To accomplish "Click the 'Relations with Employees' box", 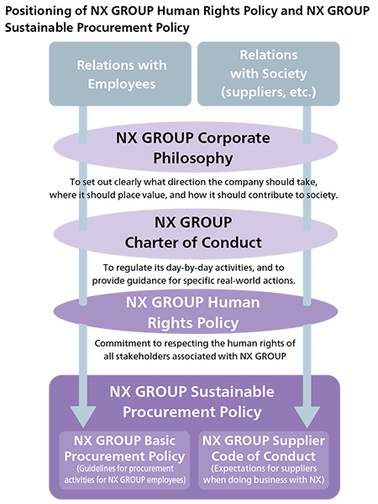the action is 120,73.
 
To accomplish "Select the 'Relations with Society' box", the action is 269,73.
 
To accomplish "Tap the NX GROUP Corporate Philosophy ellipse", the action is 196,147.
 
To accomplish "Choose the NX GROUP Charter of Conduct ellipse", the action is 196,233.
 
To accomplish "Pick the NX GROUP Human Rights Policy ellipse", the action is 196,312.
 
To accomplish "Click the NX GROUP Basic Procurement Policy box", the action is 124,460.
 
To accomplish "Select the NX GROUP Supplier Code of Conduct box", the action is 264,460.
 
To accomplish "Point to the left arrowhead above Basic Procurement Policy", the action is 83,416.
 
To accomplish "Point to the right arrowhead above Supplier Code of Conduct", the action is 307,416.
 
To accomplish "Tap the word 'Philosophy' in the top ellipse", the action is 193,158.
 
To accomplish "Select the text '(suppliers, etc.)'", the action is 269,93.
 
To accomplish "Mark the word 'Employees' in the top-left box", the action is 122,84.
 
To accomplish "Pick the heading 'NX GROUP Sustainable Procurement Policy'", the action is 192,402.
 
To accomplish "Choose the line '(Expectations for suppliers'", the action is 264,469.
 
